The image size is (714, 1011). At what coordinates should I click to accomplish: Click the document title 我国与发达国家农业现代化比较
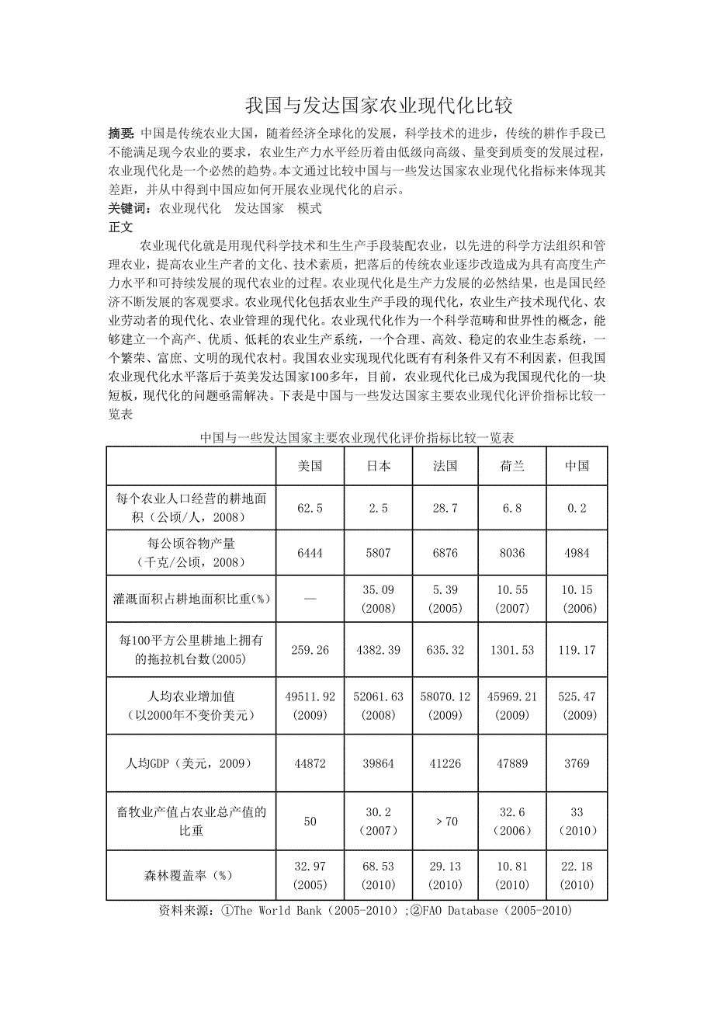(x=379, y=105)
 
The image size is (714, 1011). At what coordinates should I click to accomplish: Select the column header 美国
(x=310, y=466)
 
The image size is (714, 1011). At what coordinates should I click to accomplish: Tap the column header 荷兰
(x=512, y=466)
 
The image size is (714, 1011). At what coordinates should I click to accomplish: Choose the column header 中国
(x=577, y=466)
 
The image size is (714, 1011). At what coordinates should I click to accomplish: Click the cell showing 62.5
(x=310, y=509)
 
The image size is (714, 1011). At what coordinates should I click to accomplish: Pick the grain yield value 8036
(x=512, y=553)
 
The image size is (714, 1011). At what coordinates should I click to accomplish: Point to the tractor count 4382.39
(x=378, y=650)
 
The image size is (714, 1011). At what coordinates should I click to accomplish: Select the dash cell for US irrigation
(x=310, y=599)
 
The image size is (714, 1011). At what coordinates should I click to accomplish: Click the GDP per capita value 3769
(x=577, y=763)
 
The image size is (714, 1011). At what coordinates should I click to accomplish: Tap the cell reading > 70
(x=445, y=822)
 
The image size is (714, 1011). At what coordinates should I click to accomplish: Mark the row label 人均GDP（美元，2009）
(x=191, y=763)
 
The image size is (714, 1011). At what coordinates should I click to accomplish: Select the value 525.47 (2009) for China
(x=577, y=706)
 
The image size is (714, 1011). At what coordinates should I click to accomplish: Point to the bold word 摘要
(x=121, y=134)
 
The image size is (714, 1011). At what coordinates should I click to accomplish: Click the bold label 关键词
(x=130, y=209)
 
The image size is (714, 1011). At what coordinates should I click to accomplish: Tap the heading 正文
(x=121, y=228)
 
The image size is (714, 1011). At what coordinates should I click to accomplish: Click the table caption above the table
(x=357, y=438)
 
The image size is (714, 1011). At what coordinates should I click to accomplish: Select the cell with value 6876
(x=445, y=553)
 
